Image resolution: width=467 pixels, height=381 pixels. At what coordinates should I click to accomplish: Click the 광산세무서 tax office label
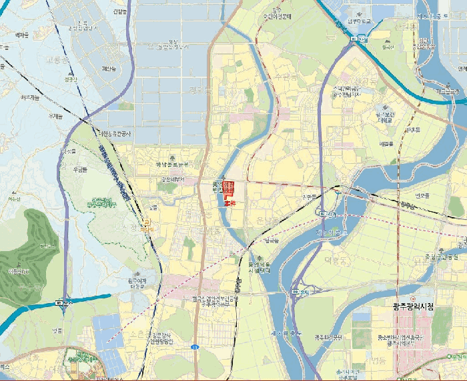[176, 179]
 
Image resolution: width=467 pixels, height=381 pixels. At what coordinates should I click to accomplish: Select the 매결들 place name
[386, 143]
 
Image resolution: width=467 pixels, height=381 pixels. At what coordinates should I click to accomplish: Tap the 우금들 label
[81, 170]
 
